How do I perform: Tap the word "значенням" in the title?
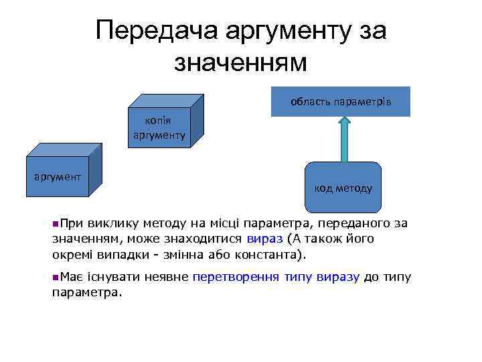240,62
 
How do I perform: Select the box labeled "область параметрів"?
340,102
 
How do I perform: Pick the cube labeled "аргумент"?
58,177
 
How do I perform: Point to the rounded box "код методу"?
343,188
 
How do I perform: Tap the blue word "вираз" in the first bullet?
264,239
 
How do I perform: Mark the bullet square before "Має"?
55,276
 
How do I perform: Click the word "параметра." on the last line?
88,292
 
